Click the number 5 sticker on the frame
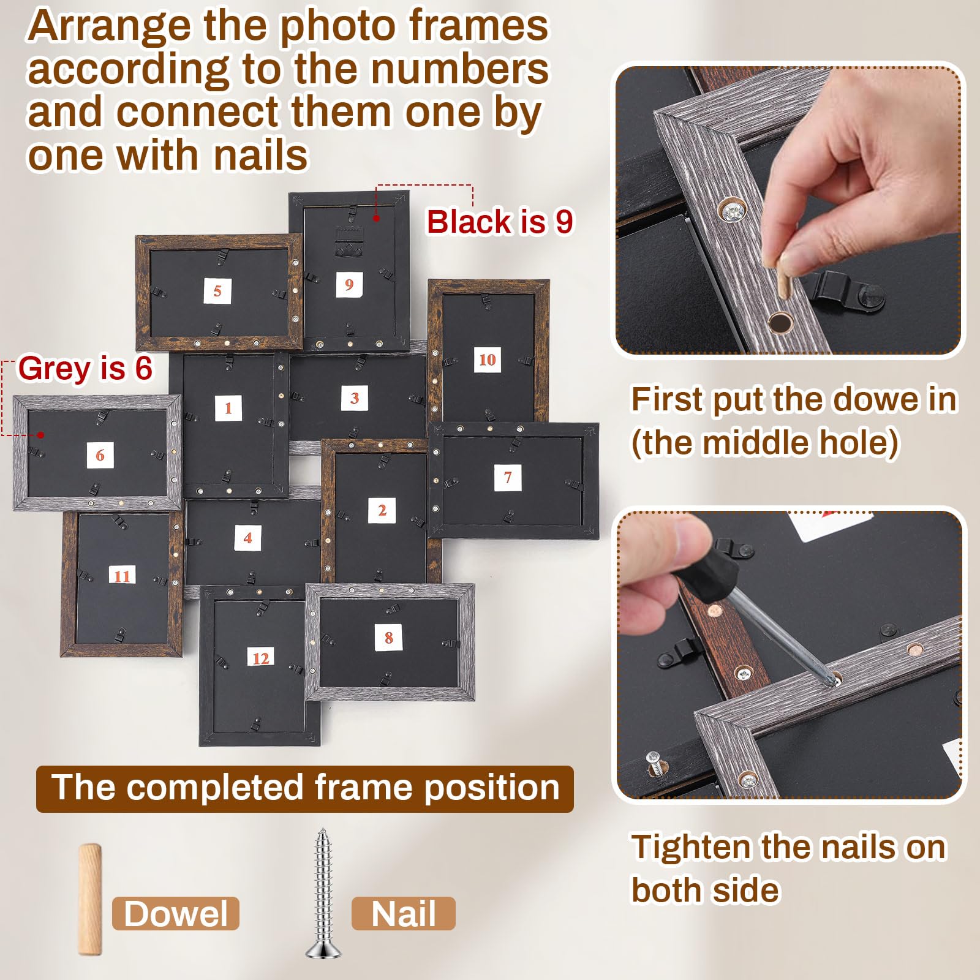click(217, 290)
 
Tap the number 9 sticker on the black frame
click(349, 284)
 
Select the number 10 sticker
click(488, 360)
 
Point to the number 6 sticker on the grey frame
click(100, 455)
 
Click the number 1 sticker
click(228, 408)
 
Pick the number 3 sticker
click(355, 398)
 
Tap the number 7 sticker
click(508, 477)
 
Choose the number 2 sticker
click(382, 510)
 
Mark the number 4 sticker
click(248, 538)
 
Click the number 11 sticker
click(123, 576)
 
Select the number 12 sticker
click(261, 658)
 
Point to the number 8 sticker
click(388, 638)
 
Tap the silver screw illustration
click(323, 894)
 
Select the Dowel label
click(176, 914)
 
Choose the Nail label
click(404, 914)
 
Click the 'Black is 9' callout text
click(500, 222)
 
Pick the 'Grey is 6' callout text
click(85, 368)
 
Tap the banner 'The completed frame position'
click(305, 788)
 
